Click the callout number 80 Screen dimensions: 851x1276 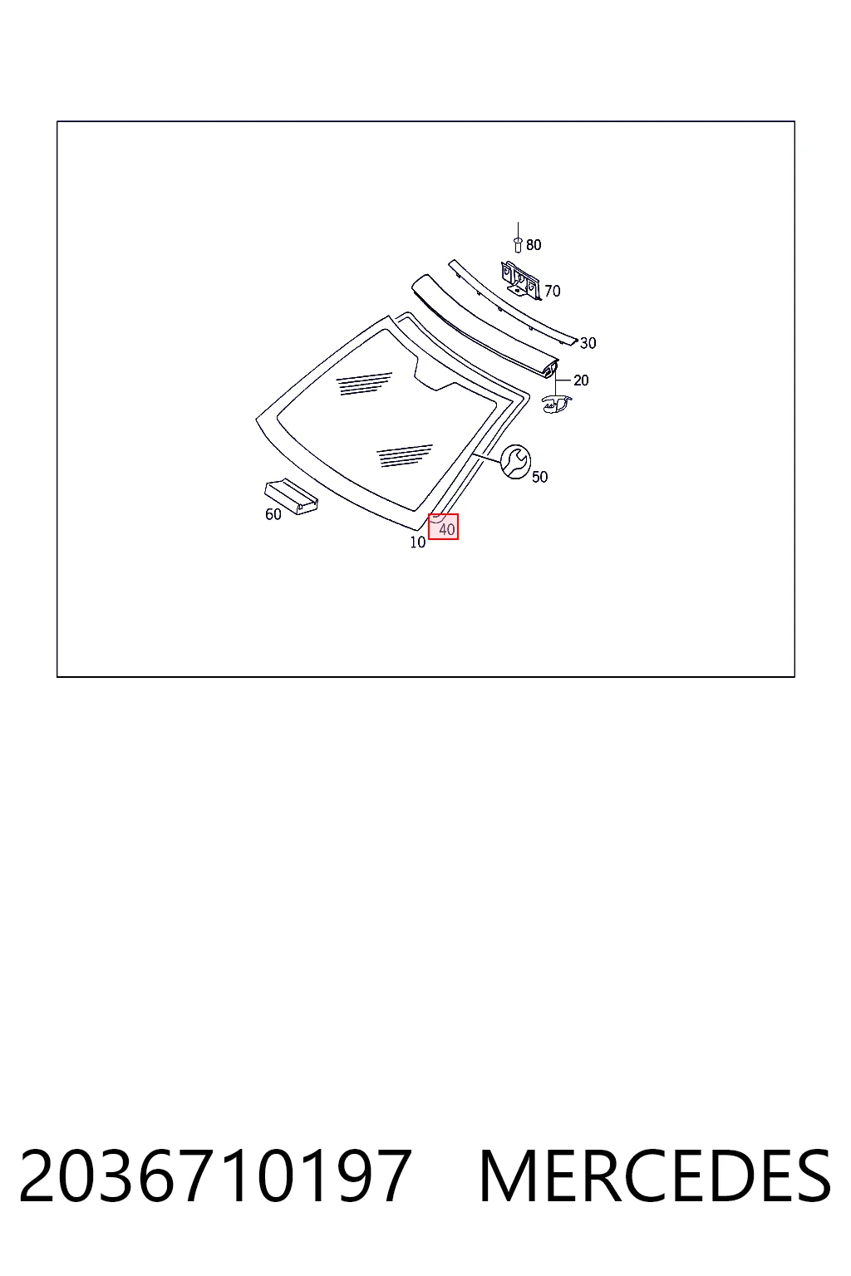click(534, 245)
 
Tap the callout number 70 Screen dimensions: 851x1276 click(553, 291)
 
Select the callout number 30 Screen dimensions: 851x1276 click(588, 343)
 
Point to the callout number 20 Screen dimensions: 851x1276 click(581, 380)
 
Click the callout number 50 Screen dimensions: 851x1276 click(540, 477)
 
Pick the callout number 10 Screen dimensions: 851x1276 click(418, 542)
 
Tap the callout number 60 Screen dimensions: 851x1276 click(273, 514)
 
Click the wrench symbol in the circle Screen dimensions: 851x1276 click(515, 461)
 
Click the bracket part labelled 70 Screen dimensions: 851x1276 click(522, 279)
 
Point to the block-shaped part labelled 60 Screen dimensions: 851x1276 click(291, 496)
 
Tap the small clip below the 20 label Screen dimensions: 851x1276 click(556, 403)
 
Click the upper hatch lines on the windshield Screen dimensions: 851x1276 click(364, 383)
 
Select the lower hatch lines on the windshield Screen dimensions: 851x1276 click(404, 455)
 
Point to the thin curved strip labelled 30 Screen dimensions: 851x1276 click(513, 303)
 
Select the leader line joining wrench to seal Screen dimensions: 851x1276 click(485, 457)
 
